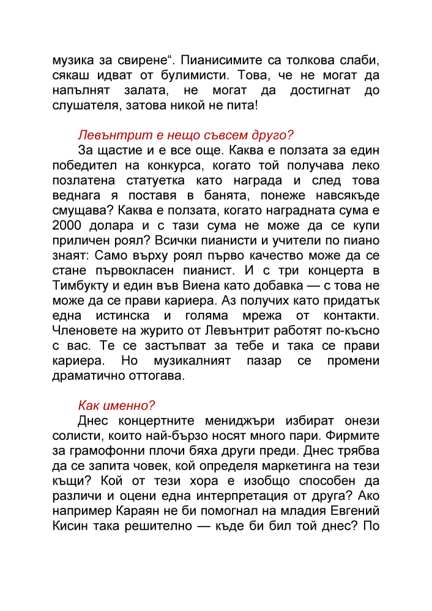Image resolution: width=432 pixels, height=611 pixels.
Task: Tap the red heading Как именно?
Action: tap(116, 405)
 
